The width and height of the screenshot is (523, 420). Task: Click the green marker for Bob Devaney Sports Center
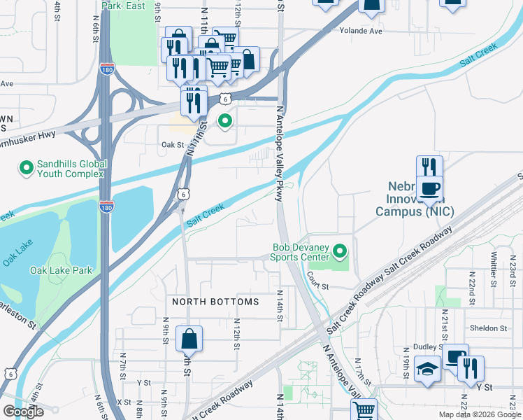pyautogui.click(x=340, y=250)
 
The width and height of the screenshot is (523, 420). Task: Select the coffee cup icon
pyautogui.click(x=429, y=188)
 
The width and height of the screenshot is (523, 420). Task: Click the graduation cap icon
pyautogui.click(x=426, y=369)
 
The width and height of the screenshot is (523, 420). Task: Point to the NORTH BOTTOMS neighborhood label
pyautogui.click(x=216, y=302)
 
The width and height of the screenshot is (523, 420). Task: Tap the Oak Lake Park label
pyautogui.click(x=62, y=270)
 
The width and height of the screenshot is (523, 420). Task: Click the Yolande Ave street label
pyautogui.click(x=361, y=31)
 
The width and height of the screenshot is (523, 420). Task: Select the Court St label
pyautogui.click(x=317, y=286)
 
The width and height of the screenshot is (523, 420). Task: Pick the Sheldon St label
pyautogui.click(x=489, y=328)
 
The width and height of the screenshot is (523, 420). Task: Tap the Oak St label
pyautogui.click(x=171, y=145)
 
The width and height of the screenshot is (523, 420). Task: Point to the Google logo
pyautogui.click(x=23, y=412)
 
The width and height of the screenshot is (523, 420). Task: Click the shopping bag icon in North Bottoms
pyautogui.click(x=189, y=339)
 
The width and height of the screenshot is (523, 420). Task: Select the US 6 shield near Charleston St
pyautogui.click(x=8, y=374)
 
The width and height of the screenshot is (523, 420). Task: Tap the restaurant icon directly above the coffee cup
pyautogui.click(x=429, y=168)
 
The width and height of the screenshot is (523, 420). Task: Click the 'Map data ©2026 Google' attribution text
pyautogui.click(x=479, y=414)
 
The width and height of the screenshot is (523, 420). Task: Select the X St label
pyautogui.click(x=124, y=402)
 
